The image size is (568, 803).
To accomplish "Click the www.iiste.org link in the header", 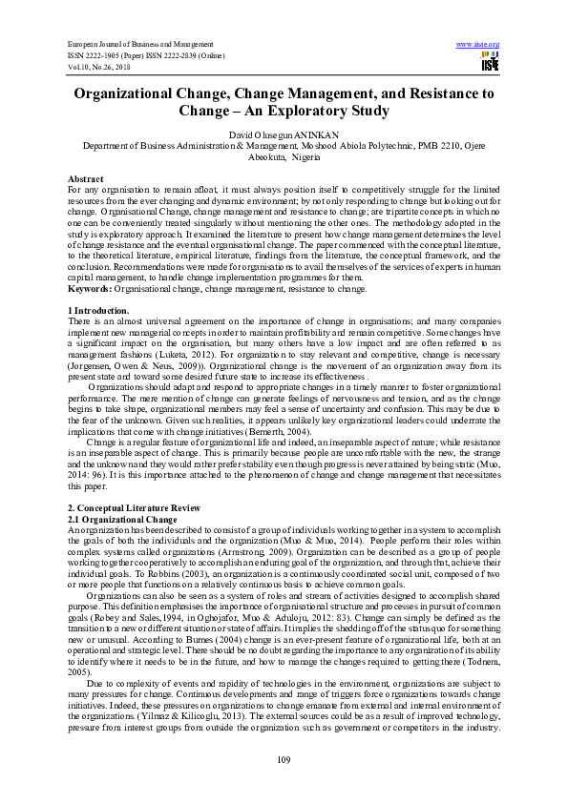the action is click(478, 45).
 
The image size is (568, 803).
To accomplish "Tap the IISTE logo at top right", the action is click(490, 63).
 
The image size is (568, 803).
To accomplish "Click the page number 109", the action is click(284, 758).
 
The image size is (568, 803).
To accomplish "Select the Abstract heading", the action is click(86, 179).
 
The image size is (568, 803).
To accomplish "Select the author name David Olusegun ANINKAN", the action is click(284, 137).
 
